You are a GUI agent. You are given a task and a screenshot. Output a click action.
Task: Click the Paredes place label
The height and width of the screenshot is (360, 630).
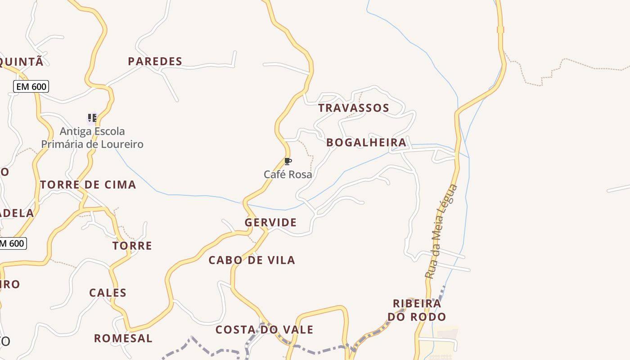(155, 61)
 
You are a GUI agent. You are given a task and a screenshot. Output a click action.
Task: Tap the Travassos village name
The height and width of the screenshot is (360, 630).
(354, 108)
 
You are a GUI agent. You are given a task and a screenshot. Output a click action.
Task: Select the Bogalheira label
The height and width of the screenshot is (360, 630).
(366, 143)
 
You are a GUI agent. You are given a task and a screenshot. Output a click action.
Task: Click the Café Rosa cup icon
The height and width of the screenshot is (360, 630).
(288, 162)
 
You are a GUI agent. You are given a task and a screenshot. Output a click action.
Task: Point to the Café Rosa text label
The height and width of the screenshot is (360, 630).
(288, 174)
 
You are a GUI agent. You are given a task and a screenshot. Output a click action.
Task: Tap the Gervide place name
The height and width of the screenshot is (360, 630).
(270, 222)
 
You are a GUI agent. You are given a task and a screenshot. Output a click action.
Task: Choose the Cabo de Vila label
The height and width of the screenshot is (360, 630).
(252, 260)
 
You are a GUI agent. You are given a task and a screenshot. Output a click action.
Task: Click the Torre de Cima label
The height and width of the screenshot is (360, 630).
(88, 184)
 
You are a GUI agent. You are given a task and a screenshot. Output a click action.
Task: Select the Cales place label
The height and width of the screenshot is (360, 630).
(108, 293)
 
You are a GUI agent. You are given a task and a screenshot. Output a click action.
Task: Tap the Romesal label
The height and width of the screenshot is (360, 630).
(123, 338)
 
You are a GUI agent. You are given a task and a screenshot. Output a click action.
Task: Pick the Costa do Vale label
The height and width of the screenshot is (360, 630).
(264, 330)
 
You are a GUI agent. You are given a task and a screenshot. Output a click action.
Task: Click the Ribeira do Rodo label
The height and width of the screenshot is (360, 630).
(417, 310)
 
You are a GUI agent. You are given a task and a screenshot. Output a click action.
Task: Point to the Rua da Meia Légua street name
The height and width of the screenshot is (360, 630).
(441, 232)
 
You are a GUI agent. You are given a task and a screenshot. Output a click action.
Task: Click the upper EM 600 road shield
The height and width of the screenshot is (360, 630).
(31, 86)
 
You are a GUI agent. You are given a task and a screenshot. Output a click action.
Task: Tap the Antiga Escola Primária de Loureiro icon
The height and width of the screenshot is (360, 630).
(92, 118)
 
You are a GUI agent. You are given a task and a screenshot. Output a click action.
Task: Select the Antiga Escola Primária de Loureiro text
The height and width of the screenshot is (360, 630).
(92, 138)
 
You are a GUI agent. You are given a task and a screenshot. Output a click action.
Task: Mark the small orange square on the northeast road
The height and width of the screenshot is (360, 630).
(500, 30)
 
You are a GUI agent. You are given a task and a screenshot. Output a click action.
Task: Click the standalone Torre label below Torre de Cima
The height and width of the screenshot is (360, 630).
(132, 246)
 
